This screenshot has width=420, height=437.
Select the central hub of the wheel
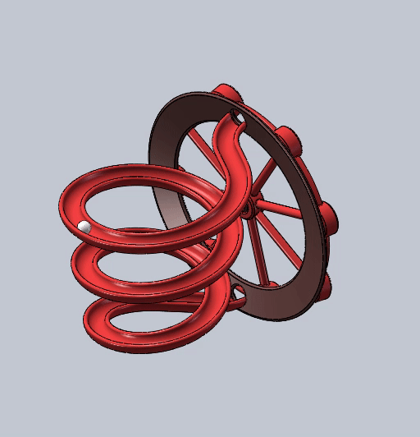(x=247, y=209)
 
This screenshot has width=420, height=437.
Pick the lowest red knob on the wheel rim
(x=326, y=284)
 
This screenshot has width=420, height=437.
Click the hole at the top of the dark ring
(x=238, y=121)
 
